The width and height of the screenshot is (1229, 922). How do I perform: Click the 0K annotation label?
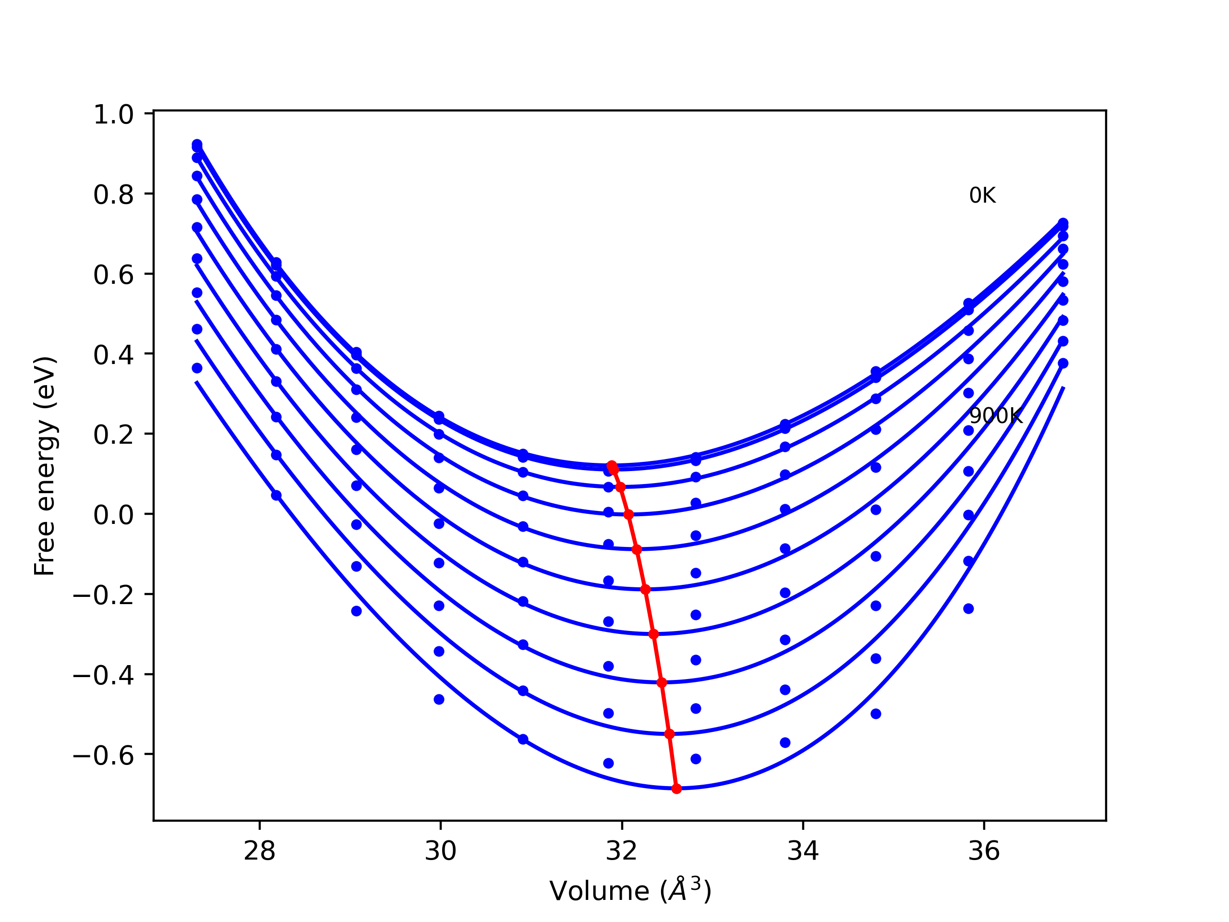pyautogui.click(x=982, y=195)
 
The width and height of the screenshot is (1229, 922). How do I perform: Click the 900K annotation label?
pyautogui.click(x=995, y=416)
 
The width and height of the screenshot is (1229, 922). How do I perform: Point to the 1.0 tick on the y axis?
pyautogui.click(x=113, y=115)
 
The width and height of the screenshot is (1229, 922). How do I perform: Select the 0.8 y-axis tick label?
pyautogui.click(x=113, y=195)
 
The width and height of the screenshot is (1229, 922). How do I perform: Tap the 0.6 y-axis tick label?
pyautogui.click(x=113, y=275)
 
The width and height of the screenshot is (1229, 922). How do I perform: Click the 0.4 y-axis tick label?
pyautogui.click(x=113, y=355)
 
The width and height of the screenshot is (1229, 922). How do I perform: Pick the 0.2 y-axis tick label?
pyautogui.click(x=113, y=435)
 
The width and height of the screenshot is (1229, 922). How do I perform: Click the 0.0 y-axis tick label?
pyautogui.click(x=113, y=515)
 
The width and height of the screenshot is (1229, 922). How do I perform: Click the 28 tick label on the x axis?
pyautogui.click(x=259, y=851)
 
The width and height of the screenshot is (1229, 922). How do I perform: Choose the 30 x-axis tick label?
pyautogui.click(x=441, y=851)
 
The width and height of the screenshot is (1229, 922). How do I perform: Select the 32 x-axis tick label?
pyautogui.click(x=622, y=851)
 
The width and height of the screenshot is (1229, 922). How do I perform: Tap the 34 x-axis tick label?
pyautogui.click(x=803, y=851)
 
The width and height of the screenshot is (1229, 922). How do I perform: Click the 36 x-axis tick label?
pyautogui.click(x=984, y=851)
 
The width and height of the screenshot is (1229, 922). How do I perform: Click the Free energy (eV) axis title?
pyautogui.click(x=45, y=466)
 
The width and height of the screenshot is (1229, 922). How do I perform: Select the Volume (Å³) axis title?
pyautogui.click(x=630, y=891)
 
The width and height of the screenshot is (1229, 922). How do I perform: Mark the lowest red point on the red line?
pyautogui.click(x=676, y=789)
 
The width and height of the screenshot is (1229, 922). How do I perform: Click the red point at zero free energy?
pyautogui.click(x=628, y=515)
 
